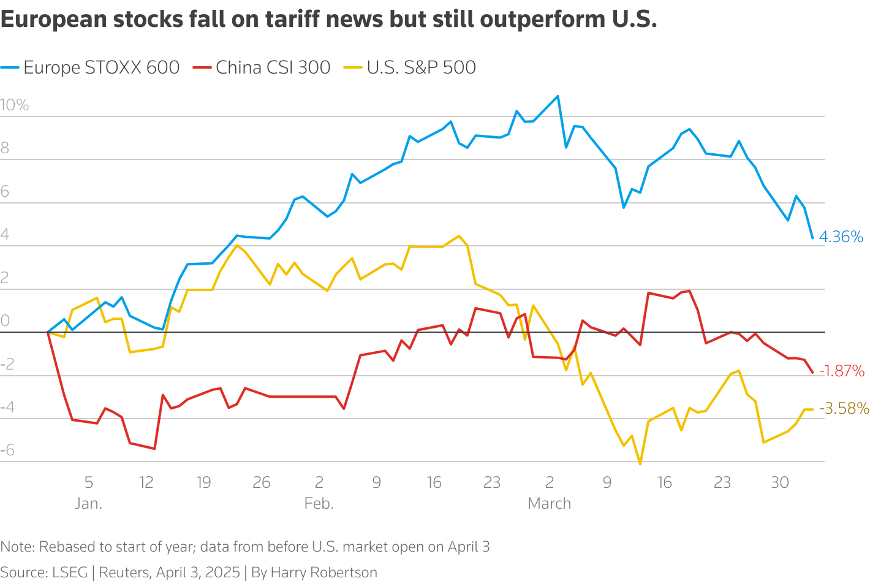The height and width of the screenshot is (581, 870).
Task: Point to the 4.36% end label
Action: pos(841,237)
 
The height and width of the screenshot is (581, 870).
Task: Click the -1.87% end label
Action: pos(842,371)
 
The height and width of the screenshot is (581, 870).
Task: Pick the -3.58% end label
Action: pos(844,408)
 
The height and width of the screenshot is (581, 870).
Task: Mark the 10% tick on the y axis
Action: pos(15,105)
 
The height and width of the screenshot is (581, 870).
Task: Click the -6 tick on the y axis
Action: pos(7,451)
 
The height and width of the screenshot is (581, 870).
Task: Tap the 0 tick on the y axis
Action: pos(6,321)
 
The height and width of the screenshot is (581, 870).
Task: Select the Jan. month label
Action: pos(89,504)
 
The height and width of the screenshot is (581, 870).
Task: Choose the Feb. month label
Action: pos(319,504)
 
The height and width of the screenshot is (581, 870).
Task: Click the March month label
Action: pos(550,504)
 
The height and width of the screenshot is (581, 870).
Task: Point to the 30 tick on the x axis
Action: pos(780,483)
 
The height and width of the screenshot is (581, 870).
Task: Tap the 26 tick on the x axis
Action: pos(262,483)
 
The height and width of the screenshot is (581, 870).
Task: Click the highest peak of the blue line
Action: pos(558,96)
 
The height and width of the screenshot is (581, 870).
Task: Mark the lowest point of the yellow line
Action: pos(640,464)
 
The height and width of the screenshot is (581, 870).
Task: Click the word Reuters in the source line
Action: pos(124,572)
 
